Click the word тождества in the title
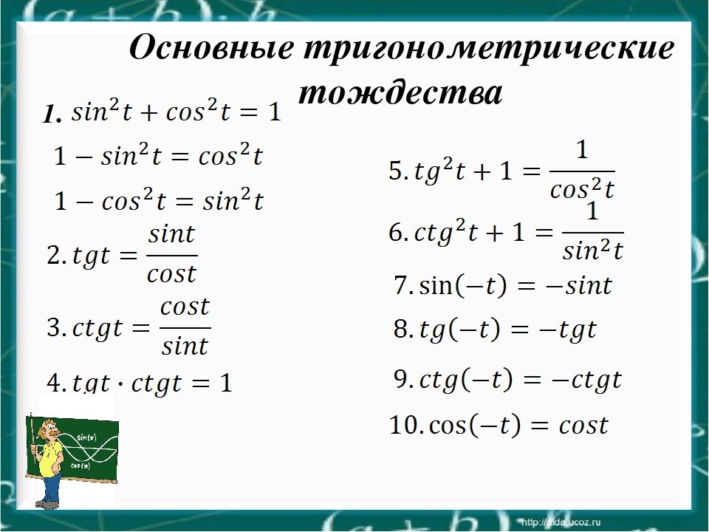click(x=401, y=94)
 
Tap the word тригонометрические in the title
click(x=488, y=50)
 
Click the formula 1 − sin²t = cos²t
click(x=159, y=157)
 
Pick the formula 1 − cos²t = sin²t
click(x=160, y=200)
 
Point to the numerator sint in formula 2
click(x=171, y=235)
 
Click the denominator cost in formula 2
click(x=171, y=274)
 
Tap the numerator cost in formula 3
click(x=185, y=306)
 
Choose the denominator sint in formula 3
click(x=185, y=345)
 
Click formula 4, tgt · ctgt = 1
click(x=140, y=383)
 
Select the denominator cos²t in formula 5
click(x=582, y=190)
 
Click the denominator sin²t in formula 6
click(x=592, y=251)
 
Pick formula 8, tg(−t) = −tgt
click(x=495, y=330)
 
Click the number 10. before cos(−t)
click(x=405, y=426)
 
